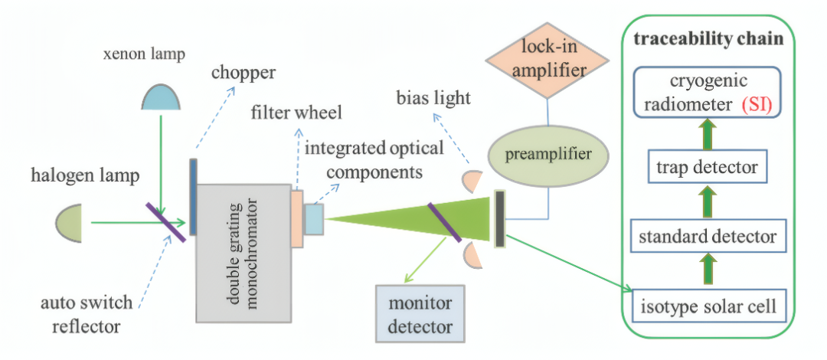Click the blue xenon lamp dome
pos(162,97)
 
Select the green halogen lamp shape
pos(70,223)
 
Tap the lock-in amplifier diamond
pos(547,61)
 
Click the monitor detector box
pos(420,314)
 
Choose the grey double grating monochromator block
pos(244,253)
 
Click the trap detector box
pos(708,168)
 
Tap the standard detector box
pos(708,236)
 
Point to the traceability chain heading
pos(708,40)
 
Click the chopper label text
pos(244,72)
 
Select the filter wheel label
pos(297,113)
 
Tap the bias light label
pos(433,98)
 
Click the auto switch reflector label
pos(87,315)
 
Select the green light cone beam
pos(409,220)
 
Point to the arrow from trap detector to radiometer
pos(708,136)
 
